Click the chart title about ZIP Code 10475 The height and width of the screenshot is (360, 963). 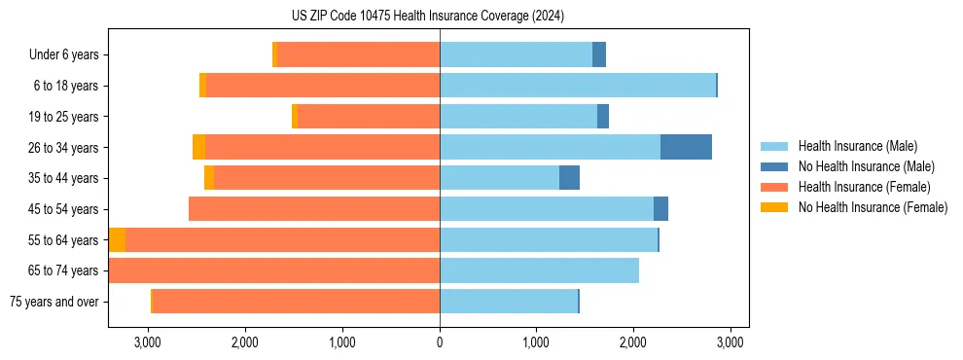coord(427,16)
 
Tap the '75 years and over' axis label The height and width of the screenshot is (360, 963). coord(54,302)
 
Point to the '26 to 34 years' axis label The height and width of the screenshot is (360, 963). coord(65,147)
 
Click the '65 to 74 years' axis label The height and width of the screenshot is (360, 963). coord(65,270)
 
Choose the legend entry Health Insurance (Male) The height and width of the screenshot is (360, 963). coord(857,146)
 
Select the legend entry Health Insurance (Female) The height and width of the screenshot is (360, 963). coord(864,187)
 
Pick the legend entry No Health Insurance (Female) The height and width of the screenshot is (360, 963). coord(873,207)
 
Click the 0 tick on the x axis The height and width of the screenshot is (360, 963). coord(440,342)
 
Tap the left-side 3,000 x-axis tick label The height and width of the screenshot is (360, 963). coord(148,342)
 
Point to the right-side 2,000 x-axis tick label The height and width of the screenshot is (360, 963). coord(633,342)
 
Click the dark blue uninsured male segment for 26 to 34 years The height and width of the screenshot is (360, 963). coord(686,147)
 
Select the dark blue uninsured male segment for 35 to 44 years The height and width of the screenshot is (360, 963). coord(569,178)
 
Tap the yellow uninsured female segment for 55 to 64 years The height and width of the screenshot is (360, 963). coord(117,239)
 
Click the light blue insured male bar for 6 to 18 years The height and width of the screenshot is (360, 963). coord(578,86)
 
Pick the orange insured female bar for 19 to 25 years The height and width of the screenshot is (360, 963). coord(369,117)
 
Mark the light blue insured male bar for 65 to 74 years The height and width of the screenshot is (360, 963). coord(539,270)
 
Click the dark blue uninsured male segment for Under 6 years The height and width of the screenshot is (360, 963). coord(599,54)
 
